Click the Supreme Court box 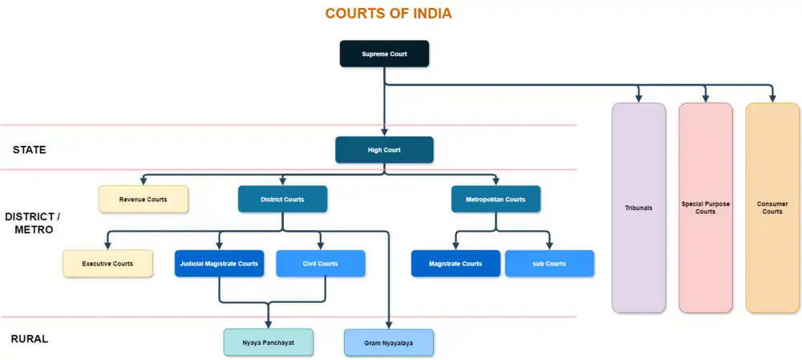384,54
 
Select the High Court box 384,149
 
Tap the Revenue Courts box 144,199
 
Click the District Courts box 282,199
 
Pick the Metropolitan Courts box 495,199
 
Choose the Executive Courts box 107,263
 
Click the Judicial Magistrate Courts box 219,263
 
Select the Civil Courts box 320,263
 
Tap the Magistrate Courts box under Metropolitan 456,263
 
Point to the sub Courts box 549,263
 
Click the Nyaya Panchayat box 268,342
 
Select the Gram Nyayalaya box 389,342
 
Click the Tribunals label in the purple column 638,208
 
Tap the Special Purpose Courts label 706,208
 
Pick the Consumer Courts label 772,208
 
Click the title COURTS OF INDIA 388,14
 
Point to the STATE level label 30,150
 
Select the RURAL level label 30,339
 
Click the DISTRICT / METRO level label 33,223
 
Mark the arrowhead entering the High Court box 385,131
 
